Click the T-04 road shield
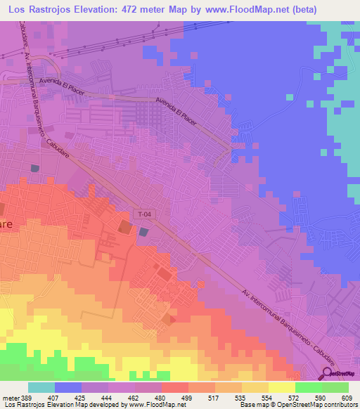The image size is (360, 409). pyautogui.click(x=144, y=214)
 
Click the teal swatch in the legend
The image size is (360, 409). pyautogui.click(x=41, y=387)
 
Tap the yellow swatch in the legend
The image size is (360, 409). pyautogui.click(x=281, y=387)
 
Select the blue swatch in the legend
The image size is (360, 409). pyautogui.click(x=68, y=387)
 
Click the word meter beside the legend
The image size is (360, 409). pyautogui.click(x=8, y=398)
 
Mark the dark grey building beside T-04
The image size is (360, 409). pyautogui.click(x=144, y=232)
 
